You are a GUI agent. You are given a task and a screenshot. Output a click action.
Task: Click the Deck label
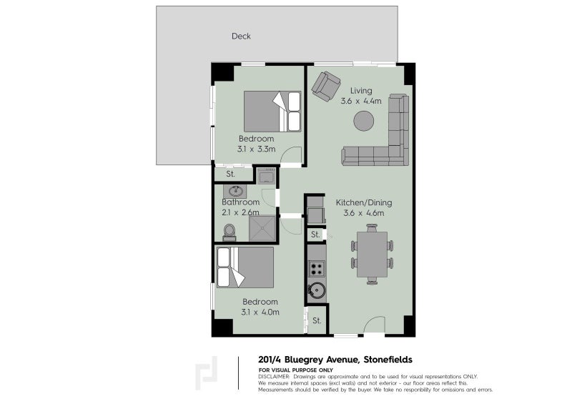[x=241, y=36]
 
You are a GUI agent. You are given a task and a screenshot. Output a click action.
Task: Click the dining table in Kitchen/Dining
[x=371, y=254]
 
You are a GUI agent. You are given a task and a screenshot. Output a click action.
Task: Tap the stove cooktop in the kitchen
[x=317, y=269]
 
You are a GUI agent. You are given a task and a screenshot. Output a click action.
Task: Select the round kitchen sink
[x=317, y=290]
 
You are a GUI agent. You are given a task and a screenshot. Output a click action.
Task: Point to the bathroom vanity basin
[x=235, y=191]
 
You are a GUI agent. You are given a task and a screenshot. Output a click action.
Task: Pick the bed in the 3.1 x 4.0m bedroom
[x=246, y=267]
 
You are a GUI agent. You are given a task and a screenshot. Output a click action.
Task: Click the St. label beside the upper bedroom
[x=231, y=174]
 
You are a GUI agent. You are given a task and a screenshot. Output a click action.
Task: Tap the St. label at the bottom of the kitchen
[x=316, y=320]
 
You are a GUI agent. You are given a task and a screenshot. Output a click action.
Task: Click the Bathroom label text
[x=240, y=202]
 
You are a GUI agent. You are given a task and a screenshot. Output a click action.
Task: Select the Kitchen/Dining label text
[x=364, y=202]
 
